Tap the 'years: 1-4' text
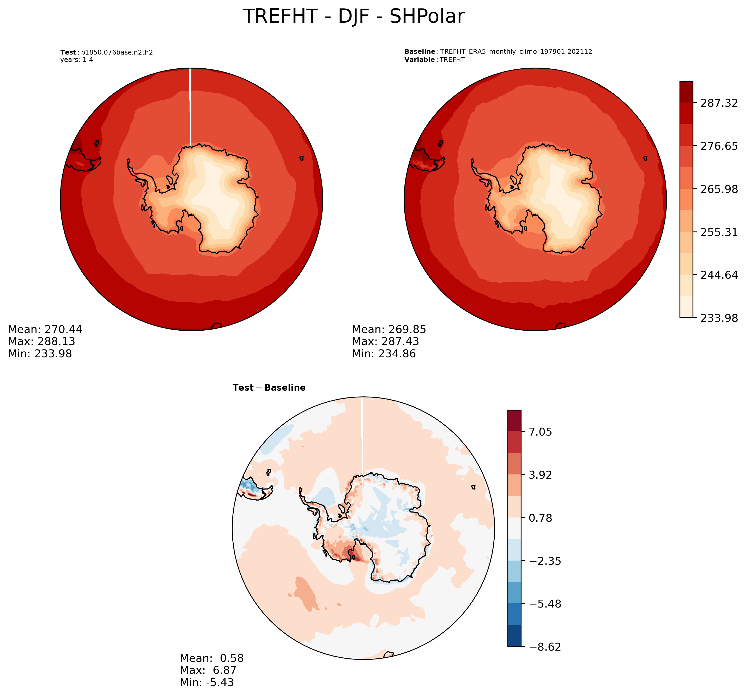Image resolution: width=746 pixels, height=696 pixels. point(77,60)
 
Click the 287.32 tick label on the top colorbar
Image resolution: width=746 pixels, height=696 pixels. point(719,103)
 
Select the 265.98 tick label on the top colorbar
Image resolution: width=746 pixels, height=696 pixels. point(719,189)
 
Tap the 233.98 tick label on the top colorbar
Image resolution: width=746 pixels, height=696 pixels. point(719,318)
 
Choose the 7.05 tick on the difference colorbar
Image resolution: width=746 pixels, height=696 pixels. point(540,432)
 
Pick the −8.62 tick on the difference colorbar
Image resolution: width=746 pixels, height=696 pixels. point(545,647)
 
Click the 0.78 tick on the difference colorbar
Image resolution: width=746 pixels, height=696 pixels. point(540,518)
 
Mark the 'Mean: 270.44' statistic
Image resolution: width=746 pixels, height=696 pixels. point(45,329)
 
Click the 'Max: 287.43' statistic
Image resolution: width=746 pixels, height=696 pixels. point(385,341)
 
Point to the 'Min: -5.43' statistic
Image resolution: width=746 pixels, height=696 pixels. point(207,682)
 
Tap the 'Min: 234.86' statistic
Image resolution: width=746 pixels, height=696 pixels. point(384,353)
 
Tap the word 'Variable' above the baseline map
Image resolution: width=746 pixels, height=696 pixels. point(419,60)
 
